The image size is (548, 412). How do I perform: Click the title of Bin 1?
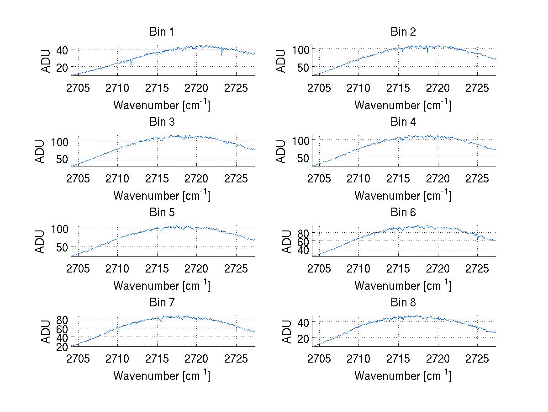coord(162,32)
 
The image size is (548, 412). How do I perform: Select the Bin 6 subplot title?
coord(403,213)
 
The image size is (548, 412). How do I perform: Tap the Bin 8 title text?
coord(403,303)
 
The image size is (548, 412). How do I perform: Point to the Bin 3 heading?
coord(162,122)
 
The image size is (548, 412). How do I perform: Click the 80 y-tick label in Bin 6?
coord(303,233)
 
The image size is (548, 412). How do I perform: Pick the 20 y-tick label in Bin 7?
coord(62,347)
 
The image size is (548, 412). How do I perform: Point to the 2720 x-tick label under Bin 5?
coord(197,268)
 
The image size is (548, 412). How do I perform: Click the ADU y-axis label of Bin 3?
coord(40,151)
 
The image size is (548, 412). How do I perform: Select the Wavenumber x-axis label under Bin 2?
coord(403,106)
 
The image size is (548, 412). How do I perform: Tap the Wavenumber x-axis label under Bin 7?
coord(162,376)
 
